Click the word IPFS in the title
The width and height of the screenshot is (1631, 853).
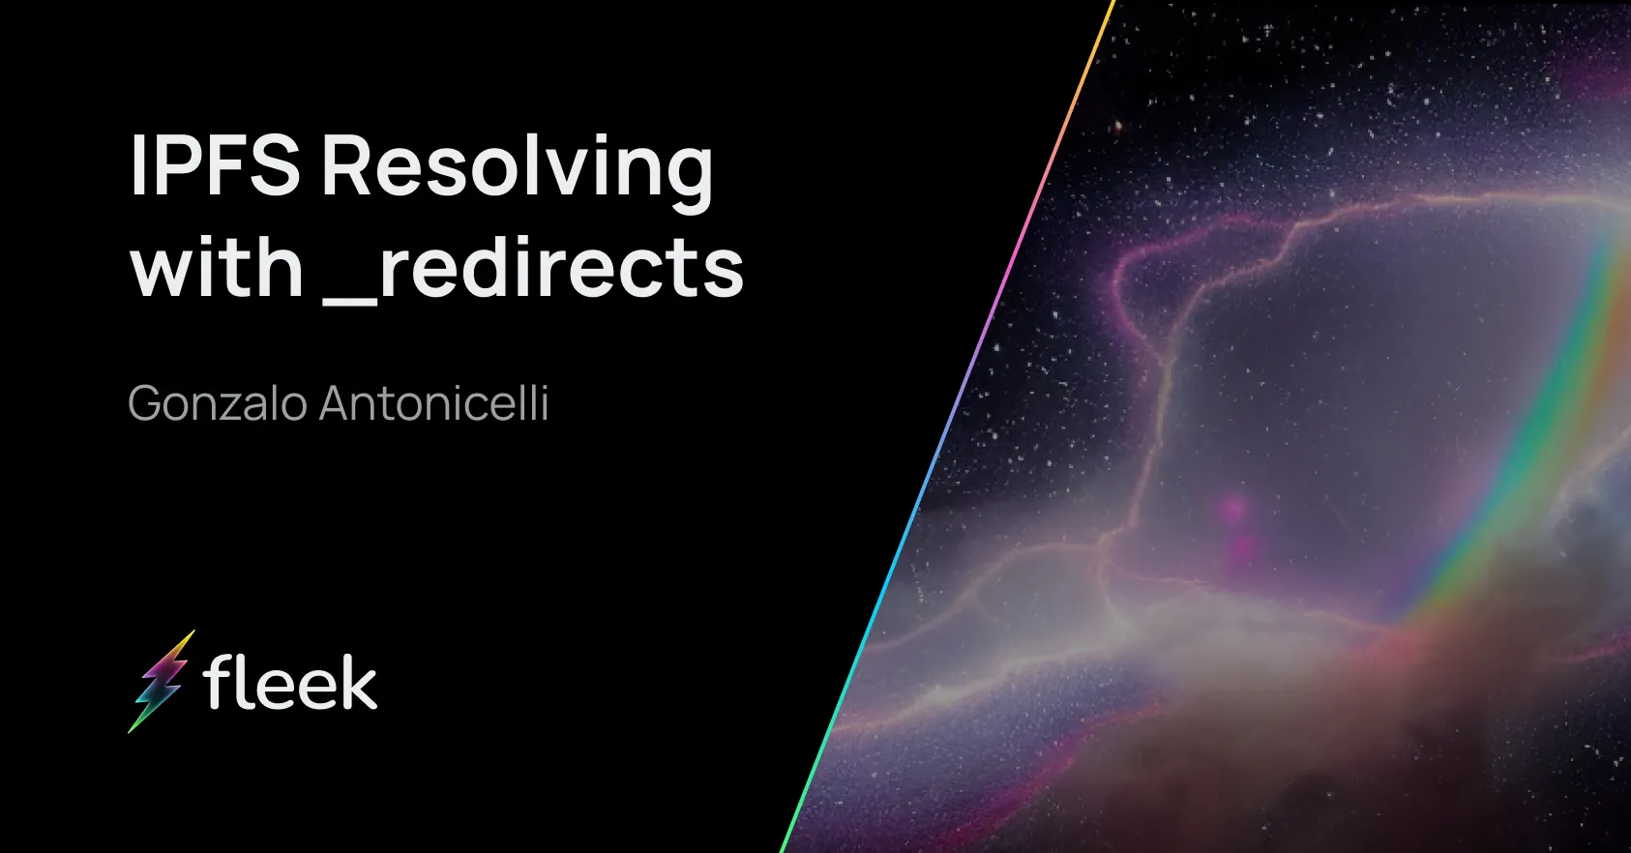coord(215,166)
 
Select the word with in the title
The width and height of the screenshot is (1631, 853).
coord(217,269)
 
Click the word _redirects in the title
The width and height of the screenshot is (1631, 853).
coord(533,269)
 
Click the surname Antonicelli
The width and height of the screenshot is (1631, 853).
coord(433,403)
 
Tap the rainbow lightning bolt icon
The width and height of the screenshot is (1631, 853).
coord(161,681)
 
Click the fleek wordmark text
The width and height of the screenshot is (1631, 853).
coord(290,683)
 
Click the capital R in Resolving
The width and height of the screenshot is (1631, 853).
coord(349,166)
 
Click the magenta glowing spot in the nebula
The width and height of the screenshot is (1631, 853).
coord(1234,509)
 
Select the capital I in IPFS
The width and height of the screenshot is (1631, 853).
coord(137,166)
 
